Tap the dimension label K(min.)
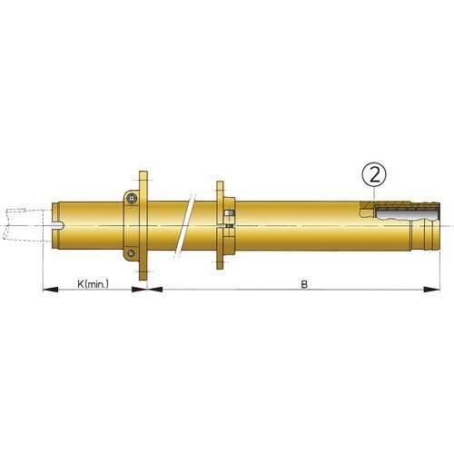93,283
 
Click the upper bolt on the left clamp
133,199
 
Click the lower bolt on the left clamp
133,252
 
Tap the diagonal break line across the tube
188,225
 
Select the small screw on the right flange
230,215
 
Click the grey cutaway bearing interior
404,214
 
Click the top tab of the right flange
221,187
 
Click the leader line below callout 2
373,194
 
